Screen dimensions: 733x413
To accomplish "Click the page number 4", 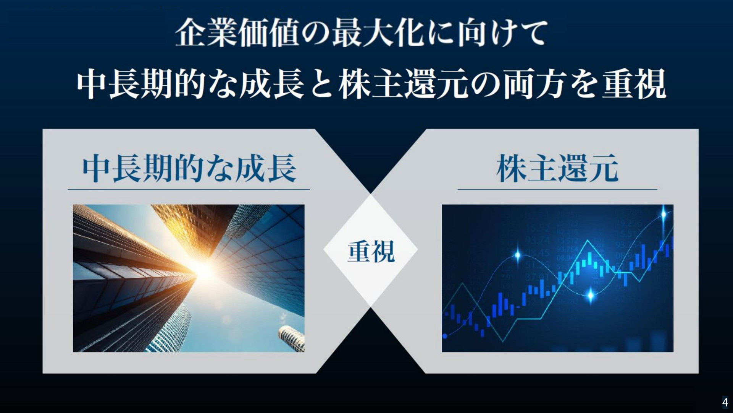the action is pyautogui.click(x=725, y=402).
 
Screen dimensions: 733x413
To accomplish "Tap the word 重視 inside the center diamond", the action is pyautogui.click(x=371, y=251).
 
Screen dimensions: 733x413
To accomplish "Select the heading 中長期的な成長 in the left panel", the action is pyautogui.click(x=189, y=168).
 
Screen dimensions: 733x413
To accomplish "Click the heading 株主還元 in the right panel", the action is pyautogui.click(x=557, y=168).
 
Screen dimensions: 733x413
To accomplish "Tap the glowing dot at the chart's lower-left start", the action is pyautogui.click(x=445, y=336).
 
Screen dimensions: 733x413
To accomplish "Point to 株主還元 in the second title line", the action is pyautogui.click(x=404, y=84).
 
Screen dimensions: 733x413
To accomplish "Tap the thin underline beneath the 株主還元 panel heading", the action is pyautogui.click(x=557, y=189).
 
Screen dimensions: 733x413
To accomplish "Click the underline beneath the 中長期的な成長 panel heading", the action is pyautogui.click(x=189, y=189).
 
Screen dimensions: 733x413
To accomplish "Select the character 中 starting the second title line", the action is pyautogui.click(x=92, y=84).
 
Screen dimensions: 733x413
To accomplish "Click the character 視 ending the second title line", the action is pyautogui.click(x=651, y=84).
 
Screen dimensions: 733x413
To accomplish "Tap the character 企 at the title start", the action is pyautogui.click(x=191, y=33).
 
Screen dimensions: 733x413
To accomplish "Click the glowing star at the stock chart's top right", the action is pyautogui.click(x=664, y=214).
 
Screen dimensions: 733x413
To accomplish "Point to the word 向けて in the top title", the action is pyautogui.click(x=503, y=33).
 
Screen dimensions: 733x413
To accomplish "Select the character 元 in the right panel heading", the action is pyautogui.click(x=604, y=168).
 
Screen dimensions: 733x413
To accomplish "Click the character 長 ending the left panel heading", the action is pyautogui.click(x=282, y=168).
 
